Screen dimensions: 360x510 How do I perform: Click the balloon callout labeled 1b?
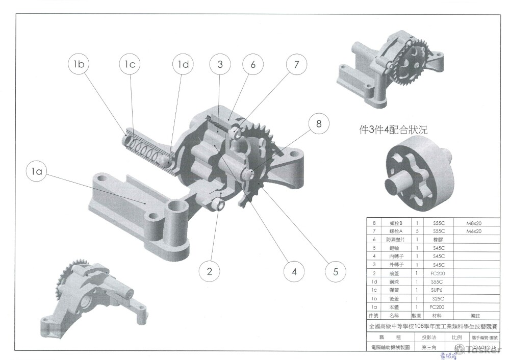[79, 64]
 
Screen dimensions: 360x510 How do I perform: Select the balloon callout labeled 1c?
[130, 64]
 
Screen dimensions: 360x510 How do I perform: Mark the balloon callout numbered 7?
[296, 64]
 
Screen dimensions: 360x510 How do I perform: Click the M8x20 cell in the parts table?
[474, 223]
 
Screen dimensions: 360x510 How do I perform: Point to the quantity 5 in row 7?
[417, 232]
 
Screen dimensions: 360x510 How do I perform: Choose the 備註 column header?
[476, 316]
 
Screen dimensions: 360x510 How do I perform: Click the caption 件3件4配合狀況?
[393, 130]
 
